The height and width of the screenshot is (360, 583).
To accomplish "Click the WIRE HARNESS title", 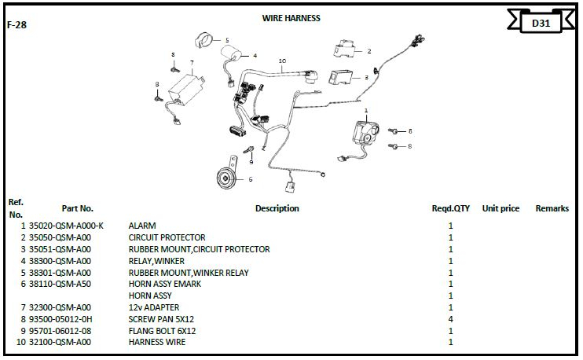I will [291, 18].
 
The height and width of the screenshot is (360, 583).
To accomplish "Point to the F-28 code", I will [16, 25].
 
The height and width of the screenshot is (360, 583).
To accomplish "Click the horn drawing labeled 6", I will [226, 180].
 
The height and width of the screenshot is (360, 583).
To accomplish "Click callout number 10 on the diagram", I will [281, 61].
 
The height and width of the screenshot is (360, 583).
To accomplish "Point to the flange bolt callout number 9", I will [251, 161].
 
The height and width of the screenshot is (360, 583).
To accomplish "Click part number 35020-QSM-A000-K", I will [66, 226].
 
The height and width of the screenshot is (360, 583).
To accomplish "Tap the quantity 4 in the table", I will [450, 319].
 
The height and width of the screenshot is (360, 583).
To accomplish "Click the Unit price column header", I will [500, 209].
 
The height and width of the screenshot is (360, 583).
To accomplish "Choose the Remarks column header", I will [552, 209].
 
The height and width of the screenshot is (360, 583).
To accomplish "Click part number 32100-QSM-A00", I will [60, 343].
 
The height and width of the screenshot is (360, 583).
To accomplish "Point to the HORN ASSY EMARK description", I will [164, 284].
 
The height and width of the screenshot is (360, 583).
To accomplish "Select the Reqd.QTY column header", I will [450, 209].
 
